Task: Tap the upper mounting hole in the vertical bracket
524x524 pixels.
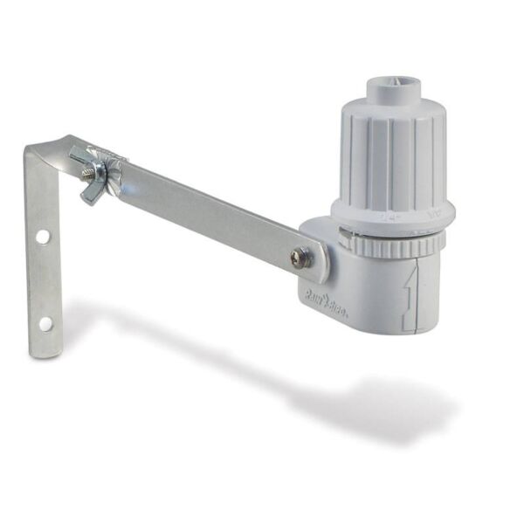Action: [41, 237]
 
